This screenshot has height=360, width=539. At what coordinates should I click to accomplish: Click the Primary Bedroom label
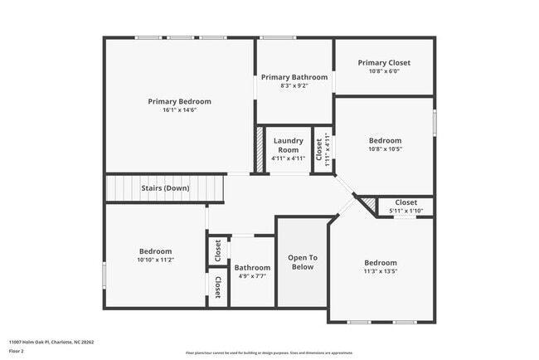coord(179,101)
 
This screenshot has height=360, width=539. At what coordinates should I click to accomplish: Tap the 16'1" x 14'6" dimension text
coord(179,110)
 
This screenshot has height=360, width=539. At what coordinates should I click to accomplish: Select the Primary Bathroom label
coord(294,77)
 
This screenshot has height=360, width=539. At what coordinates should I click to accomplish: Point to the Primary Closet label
coord(384,63)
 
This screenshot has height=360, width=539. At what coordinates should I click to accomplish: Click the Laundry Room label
coord(288,145)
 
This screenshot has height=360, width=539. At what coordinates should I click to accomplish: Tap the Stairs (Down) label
coord(165,188)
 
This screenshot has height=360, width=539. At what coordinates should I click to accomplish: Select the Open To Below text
coord(303,262)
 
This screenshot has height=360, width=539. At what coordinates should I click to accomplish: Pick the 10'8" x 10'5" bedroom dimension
coord(385,149)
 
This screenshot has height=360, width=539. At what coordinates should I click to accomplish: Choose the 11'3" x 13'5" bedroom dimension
coord(381,271)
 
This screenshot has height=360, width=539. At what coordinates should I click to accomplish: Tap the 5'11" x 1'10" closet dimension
coord(405,211)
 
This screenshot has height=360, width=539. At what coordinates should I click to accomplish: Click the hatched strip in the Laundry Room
coord(259,149)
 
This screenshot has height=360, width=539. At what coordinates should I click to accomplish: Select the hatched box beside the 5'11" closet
coord(367,204)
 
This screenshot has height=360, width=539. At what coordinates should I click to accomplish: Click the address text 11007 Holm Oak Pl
coord(51,341)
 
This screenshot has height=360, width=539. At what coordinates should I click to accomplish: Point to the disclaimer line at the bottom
coord(269,354)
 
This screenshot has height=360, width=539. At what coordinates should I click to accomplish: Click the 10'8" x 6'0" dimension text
coord(384,71)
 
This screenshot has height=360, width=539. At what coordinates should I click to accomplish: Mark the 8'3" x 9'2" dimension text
coord(294,85)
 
